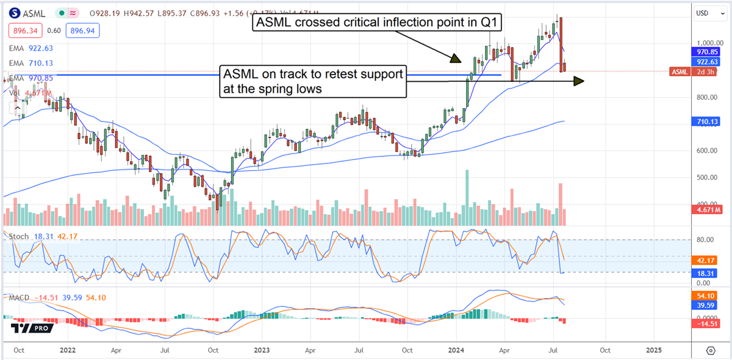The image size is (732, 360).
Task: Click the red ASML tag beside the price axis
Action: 678,72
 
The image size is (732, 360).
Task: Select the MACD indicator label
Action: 18,297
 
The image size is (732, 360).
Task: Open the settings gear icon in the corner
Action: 711,350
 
